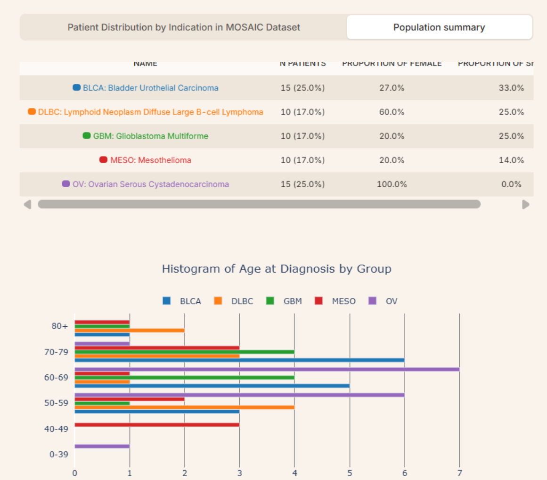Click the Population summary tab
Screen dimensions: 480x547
[x=439, y=27]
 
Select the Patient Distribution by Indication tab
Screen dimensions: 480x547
[x=184, y=27]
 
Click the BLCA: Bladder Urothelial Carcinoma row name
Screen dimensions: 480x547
[x=150, y=88]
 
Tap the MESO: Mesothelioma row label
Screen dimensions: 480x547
[x=150, y=160]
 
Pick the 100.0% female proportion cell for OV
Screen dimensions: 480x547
[x=392, y=184]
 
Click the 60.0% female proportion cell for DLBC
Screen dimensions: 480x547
[x=392, y=112]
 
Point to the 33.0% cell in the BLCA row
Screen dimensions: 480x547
[x=511, y=88]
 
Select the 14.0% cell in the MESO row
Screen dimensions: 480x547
[x=511, y=160]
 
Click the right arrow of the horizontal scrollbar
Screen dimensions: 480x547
[x=526, y=205]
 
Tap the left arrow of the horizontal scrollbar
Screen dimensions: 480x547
[x=27, y=205]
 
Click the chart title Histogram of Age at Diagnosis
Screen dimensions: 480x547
[x=277, y=269]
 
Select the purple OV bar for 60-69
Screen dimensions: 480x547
[x=267, y=369]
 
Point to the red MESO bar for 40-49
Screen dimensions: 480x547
[x=157, y=425]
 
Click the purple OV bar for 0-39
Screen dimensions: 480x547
[x=102, y=446]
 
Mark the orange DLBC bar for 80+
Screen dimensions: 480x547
[x=129, y=331]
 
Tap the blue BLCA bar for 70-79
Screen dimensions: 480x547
[x=239, y=360]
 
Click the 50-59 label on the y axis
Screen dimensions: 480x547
[x=59, y=403]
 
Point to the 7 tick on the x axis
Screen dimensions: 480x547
[x=459, y=473]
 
